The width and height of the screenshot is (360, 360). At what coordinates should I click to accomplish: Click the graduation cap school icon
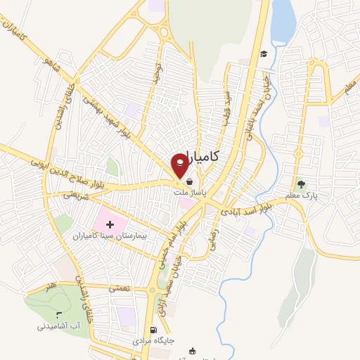[x=264, y=53]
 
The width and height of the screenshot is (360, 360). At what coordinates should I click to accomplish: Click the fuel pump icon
[x=153, y=330]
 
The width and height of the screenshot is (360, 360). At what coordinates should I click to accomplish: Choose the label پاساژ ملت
[x=191, y=191]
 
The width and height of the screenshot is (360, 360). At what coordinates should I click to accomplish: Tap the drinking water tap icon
[x=58, y=314]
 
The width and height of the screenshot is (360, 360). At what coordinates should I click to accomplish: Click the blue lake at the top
[x=283, y=21]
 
